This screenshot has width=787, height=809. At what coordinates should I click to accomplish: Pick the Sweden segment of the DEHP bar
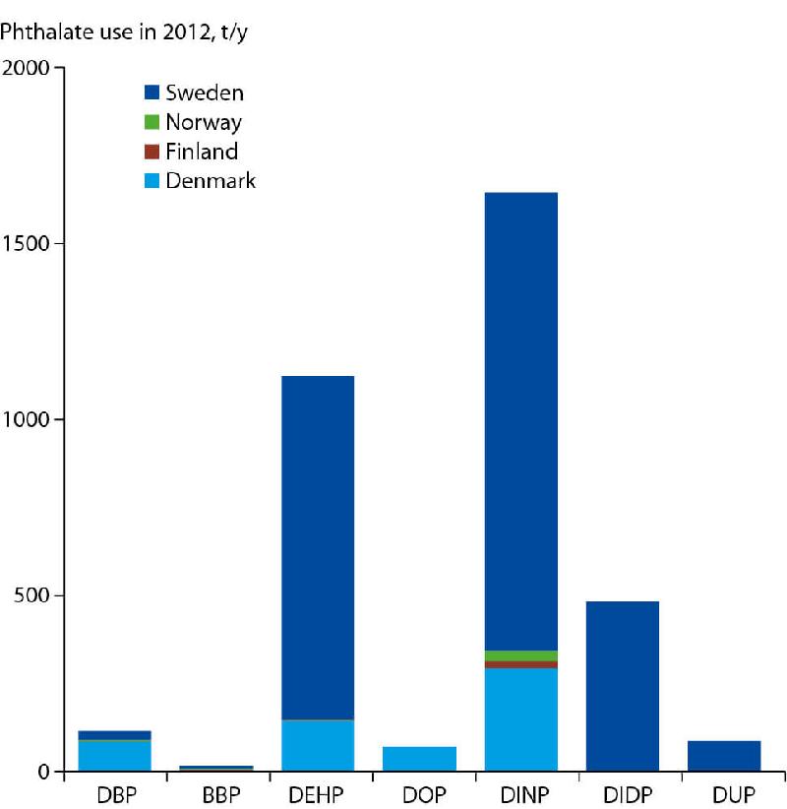pyautogui.click(x=317, y=547)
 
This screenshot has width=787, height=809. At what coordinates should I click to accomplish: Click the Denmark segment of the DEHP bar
pyautogui.click(x=317, y=745)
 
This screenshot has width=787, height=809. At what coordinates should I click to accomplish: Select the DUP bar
pyautogui.click(x=724, y=756)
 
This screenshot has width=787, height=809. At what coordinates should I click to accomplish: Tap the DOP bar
pyautogui.click(x=419, y=759)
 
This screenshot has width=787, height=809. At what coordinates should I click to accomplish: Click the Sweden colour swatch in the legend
pyautogui.click(x=151, y=93)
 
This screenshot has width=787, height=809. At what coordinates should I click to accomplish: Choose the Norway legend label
pyautogui.click(x=203, y=123)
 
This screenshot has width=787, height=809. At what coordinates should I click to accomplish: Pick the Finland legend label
pyautogui.click(x=201, y=152)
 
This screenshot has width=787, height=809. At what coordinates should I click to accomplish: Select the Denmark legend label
pyautogui.click(x=210, y=181)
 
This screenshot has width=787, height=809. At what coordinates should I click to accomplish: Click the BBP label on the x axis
pyautogui.click(x=215, y=794)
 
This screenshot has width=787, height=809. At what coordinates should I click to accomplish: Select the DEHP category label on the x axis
pyautogui.click(x=317, y=794)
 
